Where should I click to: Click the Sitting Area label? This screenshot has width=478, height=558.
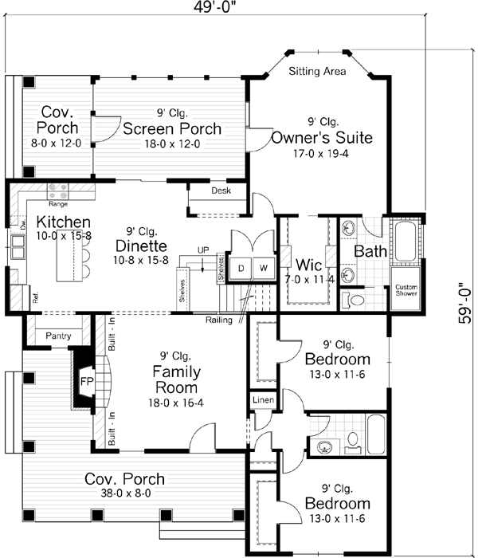coord(317,72)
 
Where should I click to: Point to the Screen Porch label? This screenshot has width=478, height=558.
coord(171,128)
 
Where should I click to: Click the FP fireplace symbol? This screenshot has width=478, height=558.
coord(87,381)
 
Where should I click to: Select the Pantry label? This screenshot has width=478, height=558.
coord(59,336)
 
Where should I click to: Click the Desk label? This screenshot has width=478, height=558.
coord(221,191)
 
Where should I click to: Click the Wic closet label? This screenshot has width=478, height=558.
coord(308,264)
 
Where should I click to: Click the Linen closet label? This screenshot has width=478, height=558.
coord(264,399)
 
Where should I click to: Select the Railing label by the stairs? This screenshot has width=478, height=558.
coord(219,320)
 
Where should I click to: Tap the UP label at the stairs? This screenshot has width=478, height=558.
coord(203,250)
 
